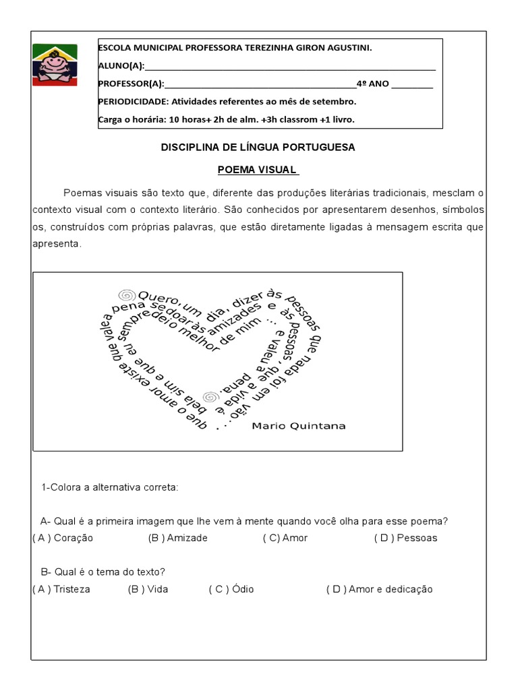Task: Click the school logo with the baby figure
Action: (x=55, y=65)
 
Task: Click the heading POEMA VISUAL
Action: (x=258, y=169)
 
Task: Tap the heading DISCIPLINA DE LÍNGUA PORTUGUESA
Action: (x=258, y=147)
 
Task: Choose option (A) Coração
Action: (x=63, y=538)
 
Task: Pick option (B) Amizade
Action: (x=177, y=538)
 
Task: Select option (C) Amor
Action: (x=285, y=538)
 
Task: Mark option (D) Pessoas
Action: (x=405, y=538)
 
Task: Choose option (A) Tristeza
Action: (x=61, y=589)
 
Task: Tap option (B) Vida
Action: (x=148, y=589)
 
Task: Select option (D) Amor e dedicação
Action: (x=379, y=589)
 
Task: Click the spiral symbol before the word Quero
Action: (x=125, y=294)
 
